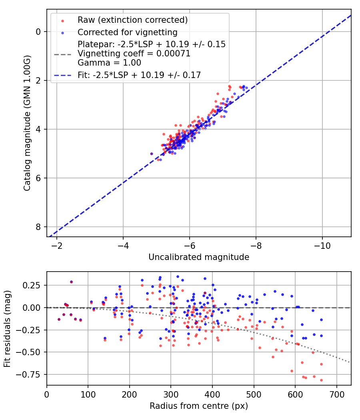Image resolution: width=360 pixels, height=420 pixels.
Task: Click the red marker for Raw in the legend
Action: (x=62, y=20)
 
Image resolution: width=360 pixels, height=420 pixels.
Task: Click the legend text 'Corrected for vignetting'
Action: (x=128, y=32)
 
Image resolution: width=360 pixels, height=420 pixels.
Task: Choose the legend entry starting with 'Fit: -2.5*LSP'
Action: (x=139, y=74)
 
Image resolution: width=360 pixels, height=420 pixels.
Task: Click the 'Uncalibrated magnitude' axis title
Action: (x=199, y=257)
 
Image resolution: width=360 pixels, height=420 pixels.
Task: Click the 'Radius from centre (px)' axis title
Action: (x=199, y=406)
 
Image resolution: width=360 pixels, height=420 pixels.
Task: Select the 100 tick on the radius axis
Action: (x=88, y=394)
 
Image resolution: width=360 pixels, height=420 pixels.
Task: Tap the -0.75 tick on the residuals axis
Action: (x=31, y=374)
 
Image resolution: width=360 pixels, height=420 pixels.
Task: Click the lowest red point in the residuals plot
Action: (x=321, y=380)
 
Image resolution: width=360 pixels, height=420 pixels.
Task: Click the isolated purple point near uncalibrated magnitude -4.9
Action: (x=152, y=154)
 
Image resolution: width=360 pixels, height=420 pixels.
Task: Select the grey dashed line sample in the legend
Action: (x=62, y=54)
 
